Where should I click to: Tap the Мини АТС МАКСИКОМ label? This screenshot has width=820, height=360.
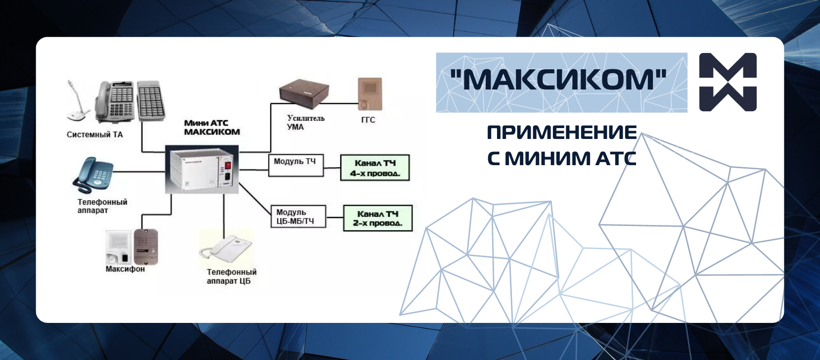click(x=212, y=127)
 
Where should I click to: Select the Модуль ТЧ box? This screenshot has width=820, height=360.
click(x=296, y=165)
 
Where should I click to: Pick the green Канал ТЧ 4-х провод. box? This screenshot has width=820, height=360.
click(x=375, y=168)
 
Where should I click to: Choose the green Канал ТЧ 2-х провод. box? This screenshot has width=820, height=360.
click(x=378, y=218)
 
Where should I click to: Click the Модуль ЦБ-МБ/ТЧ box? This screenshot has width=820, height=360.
click(x=298, y=217)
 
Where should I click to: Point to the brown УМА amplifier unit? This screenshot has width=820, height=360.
click(x=304, y=93)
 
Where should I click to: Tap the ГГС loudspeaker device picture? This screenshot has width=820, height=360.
click(x=370, y=93)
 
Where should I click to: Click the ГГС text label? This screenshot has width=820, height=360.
click(x=368, y=120)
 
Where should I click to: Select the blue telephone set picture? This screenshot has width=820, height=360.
click(x=93, y=175)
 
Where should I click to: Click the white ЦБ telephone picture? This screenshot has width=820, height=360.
click(x=226, y=249)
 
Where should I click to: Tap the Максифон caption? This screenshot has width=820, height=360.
click(x=125, y=269)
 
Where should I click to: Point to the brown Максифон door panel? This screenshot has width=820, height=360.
click(x=146, y=247)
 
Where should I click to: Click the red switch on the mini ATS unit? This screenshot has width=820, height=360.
click(x=228, y=166)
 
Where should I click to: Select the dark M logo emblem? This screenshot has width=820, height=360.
click(x=728, y=82)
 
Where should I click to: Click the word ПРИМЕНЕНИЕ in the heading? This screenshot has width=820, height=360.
click(x=562, y=133)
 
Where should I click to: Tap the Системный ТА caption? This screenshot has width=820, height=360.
click(x=95, y=135)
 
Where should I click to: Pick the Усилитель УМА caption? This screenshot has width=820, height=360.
click(x=306, y=123)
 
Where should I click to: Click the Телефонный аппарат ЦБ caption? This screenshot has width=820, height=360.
click(x=232, y=276)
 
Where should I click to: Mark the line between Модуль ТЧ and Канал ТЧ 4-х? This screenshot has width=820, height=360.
click(x=332, y=168)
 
